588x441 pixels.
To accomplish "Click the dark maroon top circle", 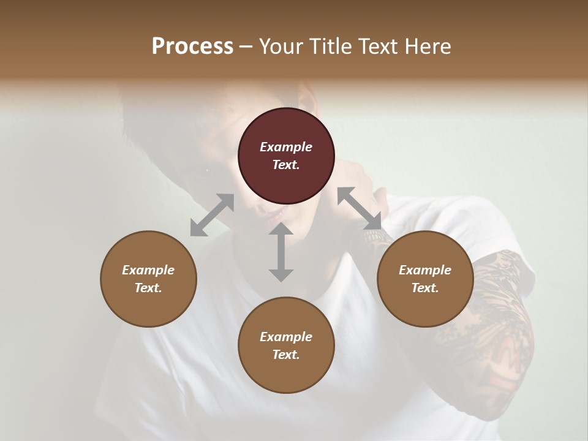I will click(286, 156).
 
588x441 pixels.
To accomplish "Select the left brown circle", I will click(148, 279).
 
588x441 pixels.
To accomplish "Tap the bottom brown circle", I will click(286, 345).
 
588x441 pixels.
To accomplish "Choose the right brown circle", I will click(425, 279).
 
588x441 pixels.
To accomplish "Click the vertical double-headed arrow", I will click(281, 252).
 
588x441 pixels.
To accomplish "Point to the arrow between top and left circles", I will click(212, 215).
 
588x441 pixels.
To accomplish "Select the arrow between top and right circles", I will click(360, 209).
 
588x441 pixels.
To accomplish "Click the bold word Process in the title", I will click(192, 47).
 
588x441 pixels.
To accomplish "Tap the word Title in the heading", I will click(331, 47).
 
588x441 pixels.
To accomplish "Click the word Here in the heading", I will click(428, 47).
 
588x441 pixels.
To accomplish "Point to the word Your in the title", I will click(283, 47).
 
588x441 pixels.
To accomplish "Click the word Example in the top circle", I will click(286, 147).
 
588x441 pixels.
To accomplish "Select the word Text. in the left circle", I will click(148, 288).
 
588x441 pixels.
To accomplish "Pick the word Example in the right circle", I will click(425, 270).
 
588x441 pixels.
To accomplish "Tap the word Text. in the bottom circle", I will click(286, 355).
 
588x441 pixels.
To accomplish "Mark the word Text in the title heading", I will click(379, 47).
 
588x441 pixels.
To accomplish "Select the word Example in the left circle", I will click(148, 270).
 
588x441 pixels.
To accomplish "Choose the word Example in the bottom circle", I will click(286, 337).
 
